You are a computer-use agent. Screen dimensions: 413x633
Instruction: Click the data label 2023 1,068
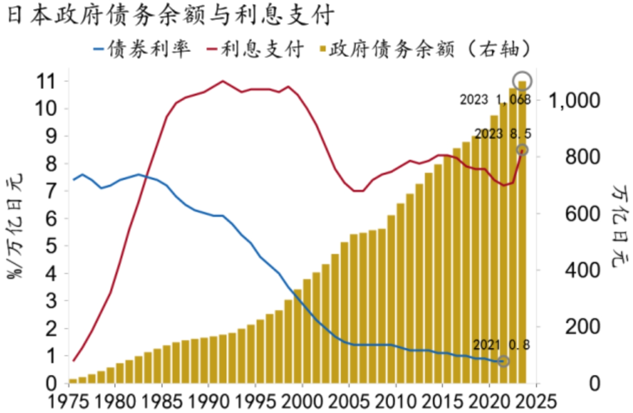tap(495, 100)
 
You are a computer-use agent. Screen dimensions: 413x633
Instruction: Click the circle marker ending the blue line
tap(503, 361)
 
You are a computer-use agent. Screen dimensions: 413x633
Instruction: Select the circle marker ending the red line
tap(522, 150)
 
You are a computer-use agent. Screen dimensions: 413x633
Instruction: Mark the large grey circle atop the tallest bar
tap(522, 81)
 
